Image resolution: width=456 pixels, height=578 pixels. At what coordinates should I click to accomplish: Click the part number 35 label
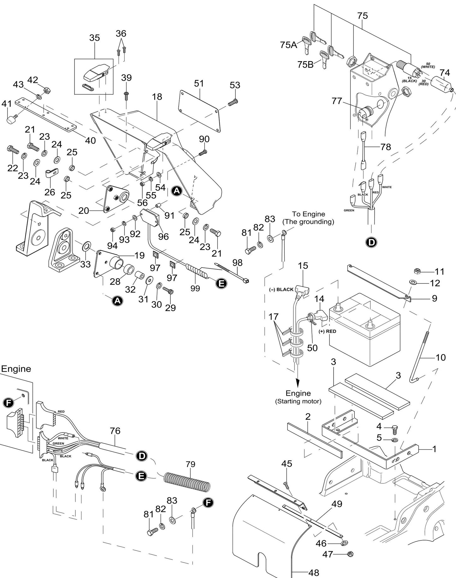[94, 38]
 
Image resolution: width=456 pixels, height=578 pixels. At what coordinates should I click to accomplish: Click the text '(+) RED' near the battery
[327, 331]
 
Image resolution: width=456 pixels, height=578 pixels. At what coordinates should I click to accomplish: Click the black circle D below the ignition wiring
[371, 242]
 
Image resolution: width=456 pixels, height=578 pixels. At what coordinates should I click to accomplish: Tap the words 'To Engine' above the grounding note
[308, 214]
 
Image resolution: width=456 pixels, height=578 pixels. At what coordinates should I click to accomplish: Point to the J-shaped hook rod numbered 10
[423, 357]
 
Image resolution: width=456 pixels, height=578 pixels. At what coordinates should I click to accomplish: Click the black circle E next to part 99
[221, 283]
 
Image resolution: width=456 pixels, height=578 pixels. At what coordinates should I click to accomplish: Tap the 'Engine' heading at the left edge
[16, 369]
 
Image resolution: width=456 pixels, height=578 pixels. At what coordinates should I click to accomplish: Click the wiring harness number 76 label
[115, 431]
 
